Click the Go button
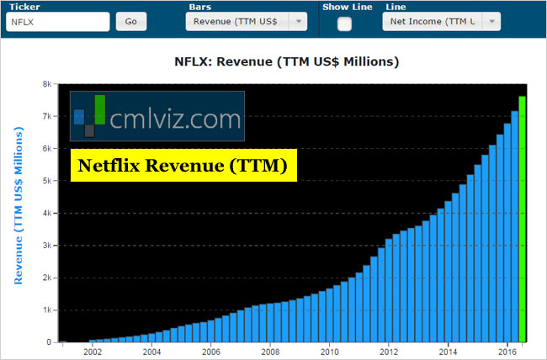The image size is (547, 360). tap(131, 22)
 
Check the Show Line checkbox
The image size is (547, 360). tap(344, 24)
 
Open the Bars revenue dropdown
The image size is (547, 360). tap(246, 22)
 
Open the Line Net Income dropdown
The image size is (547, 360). tap(441, 22)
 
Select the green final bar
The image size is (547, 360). tap(522, 219)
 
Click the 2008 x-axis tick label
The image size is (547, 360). tap(270, 352)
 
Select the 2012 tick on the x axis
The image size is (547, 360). tap(390, 352)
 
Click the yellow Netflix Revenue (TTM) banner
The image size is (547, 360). tap(183, 166)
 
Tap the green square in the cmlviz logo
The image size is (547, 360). tap(100, 109)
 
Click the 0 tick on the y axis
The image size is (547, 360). tap(50, 342)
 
